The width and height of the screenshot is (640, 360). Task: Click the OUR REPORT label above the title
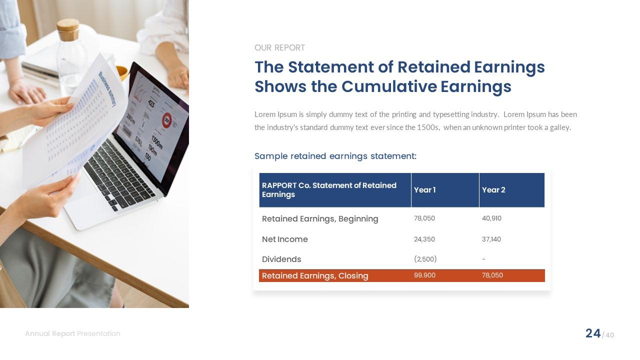pyautogui.click(x=279, y=48)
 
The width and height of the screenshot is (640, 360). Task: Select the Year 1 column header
pyautogui.click(x=424, y=190)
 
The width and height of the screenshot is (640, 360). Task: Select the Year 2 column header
pyautogui.click(x=493, y=190)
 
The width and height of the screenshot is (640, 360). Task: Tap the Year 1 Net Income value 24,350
pyautogui.click(x=424, y=239)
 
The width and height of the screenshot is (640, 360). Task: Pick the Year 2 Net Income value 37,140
pyautogui.click(x=491, y=239)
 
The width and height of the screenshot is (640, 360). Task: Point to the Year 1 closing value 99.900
pyautogui.click(x=424, y=275)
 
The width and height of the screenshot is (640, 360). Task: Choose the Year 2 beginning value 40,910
pyautogui.click(x=491, y=218)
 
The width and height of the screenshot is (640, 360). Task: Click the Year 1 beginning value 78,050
pyautogui.click(x=424, y=218)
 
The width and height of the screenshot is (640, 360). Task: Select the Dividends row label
pyautogui.click(x=281, y=259)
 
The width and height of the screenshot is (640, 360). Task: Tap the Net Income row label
pyautogui.click(x=284, y=239)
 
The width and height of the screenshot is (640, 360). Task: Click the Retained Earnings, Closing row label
pyautogui.click(x=315, y=276)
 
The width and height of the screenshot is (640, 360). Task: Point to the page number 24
pyautogui.click(x=593, y=333)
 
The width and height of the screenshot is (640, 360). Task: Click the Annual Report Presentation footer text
pyautogui.click(x=72, y=333)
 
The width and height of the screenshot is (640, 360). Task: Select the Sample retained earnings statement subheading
pyautogui.click(x=335, y=156)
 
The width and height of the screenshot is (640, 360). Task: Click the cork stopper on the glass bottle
pyautogui.click(x=67, y=29)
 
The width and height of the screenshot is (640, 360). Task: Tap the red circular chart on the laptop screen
pyautogui.click(x=166, y=120)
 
